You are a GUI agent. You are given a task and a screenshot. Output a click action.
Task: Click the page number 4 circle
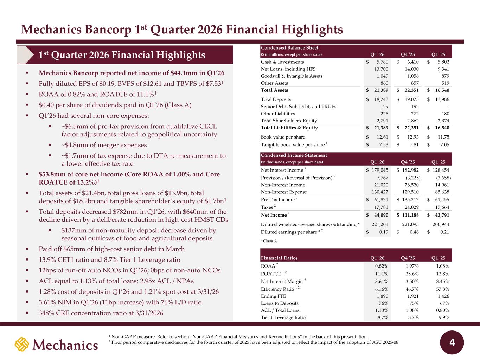tap(452, 342)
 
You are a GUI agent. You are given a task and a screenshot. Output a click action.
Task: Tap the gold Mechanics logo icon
tap(22, 344)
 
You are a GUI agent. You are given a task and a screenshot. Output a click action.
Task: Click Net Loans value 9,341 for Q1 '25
tap(443, 69)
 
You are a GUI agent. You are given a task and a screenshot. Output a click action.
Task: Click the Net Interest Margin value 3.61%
tap(382, 281)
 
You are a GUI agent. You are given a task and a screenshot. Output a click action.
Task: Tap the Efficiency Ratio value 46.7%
tap(412, 289)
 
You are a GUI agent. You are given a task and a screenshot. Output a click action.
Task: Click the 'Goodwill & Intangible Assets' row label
tap(292, 76)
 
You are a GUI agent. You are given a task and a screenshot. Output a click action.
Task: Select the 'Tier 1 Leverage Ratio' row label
tap(283, 317)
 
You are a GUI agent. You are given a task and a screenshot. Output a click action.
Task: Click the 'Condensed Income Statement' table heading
tap(294, 155)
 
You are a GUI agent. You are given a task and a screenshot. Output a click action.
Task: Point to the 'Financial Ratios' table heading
tap(279, 258)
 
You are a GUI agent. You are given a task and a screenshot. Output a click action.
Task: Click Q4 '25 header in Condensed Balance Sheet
tap(408, 54)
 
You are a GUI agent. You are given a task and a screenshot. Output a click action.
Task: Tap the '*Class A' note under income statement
tap(269, 241)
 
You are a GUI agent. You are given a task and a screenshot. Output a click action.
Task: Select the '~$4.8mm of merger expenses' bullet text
tap(104, 145)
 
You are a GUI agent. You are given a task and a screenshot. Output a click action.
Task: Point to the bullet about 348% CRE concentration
tap(101, 313)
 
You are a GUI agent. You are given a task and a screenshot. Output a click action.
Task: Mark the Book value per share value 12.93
tap(412, 137)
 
